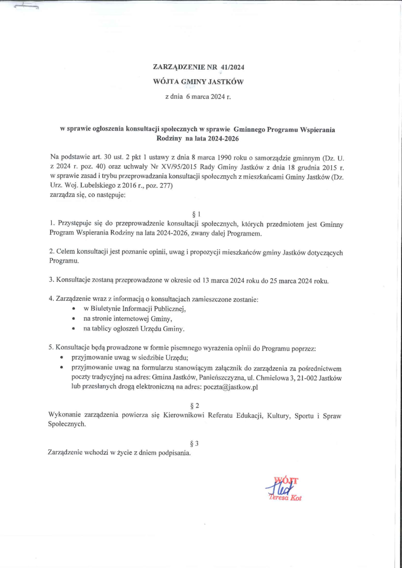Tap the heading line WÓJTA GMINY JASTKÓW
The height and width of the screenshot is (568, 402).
pos(200,81)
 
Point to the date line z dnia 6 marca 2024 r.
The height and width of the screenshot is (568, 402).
pos(200,96)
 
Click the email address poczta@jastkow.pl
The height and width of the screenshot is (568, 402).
pos(231,387)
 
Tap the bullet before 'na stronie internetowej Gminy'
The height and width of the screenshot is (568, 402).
pos(74,319)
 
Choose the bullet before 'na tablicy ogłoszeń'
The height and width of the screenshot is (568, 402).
pos(74,329)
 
